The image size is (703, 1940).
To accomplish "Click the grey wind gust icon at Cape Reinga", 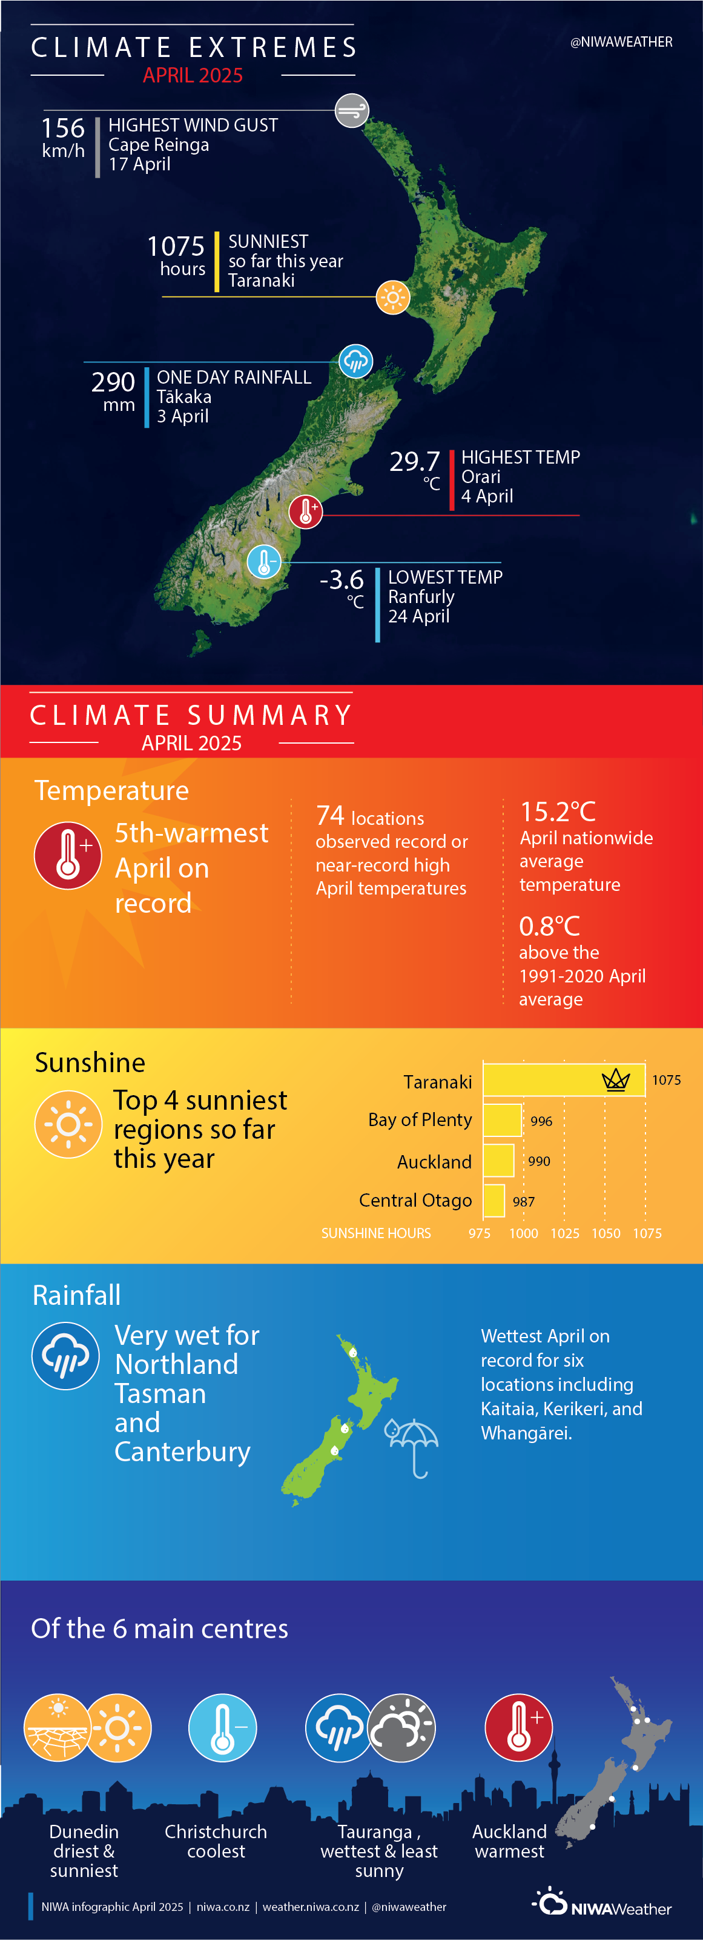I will pyautogui.click(x=351, y=111).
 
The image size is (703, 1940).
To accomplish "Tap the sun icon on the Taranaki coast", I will pyautogui.click(x=392, y=298).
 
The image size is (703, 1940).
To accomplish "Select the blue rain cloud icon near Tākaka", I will pyautogui.click(x=355, y=361).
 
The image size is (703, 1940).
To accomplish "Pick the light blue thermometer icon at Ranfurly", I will pyautogui.click(x=264, y=562).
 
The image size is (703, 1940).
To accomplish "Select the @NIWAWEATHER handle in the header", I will pyautogui.click(x=621, y=42).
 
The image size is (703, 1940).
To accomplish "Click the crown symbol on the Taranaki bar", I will pyautogui.click(x=616, y=1080).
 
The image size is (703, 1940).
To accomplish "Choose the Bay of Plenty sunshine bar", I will pyautogui.click(x=502, y=1120).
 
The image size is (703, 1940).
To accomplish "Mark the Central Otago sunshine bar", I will pyautogui.click(x=493, y=1201).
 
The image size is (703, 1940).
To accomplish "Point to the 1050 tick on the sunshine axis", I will pyautogui.click(x=606, y=1233).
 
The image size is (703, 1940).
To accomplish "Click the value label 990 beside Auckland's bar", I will pyautogui.click(x=539, y=1161).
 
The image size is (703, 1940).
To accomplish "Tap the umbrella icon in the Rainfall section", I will pyautogui.click(x=412, y=1447).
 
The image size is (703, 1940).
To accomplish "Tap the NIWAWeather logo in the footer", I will pyautogui.click(x=602, y=1903).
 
